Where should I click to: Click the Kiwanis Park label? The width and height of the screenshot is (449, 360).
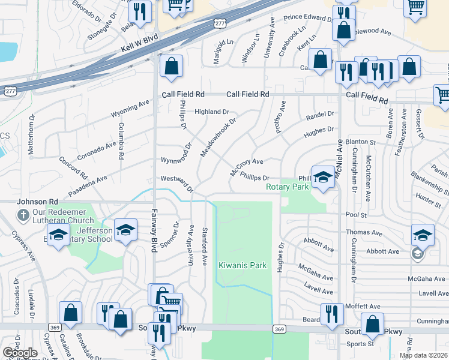click(242, 265)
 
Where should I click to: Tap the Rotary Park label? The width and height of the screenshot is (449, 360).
click(288, 187)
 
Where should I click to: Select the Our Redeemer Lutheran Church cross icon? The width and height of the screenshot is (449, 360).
click(23, 215)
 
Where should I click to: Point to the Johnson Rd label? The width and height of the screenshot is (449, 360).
click(37, 202)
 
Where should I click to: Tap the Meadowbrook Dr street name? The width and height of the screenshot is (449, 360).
click(218, 137)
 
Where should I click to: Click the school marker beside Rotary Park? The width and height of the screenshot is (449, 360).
click(323, 177)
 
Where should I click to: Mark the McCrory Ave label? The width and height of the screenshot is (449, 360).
click(247, 166)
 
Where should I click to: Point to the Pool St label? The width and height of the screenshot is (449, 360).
click(355, 214)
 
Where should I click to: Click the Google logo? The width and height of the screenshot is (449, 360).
click(20, 353)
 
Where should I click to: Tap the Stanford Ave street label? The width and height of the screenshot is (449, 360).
click(205, 246)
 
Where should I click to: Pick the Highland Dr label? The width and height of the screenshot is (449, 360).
click(211, 112)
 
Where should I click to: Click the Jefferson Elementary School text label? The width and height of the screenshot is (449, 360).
click(95, 235)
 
